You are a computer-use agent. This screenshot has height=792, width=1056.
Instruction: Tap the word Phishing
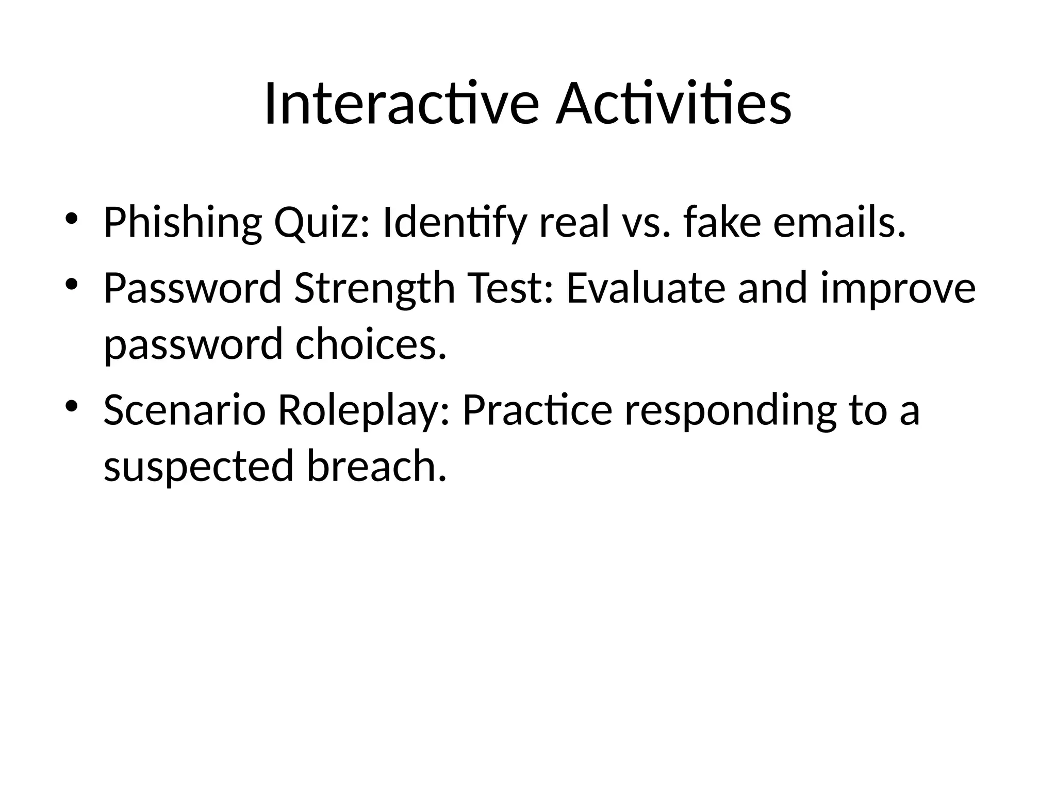coord(183,223)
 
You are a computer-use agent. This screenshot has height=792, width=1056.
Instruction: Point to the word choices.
coord(370,344)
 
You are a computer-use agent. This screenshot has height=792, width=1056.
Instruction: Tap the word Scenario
coord(185,410)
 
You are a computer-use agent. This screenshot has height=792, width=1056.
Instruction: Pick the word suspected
coord(199,466)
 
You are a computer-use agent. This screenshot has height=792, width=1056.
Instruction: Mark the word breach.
coord(376,466)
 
